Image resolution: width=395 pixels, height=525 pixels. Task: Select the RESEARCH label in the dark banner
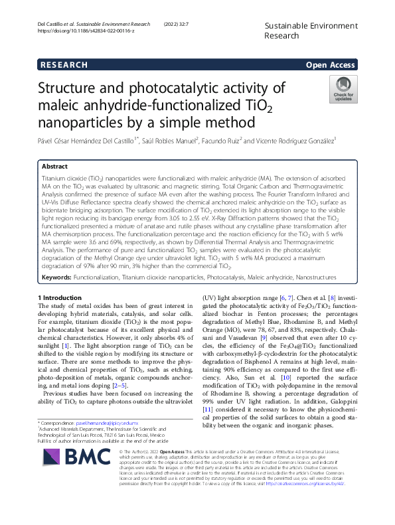[x=64, y=64]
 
